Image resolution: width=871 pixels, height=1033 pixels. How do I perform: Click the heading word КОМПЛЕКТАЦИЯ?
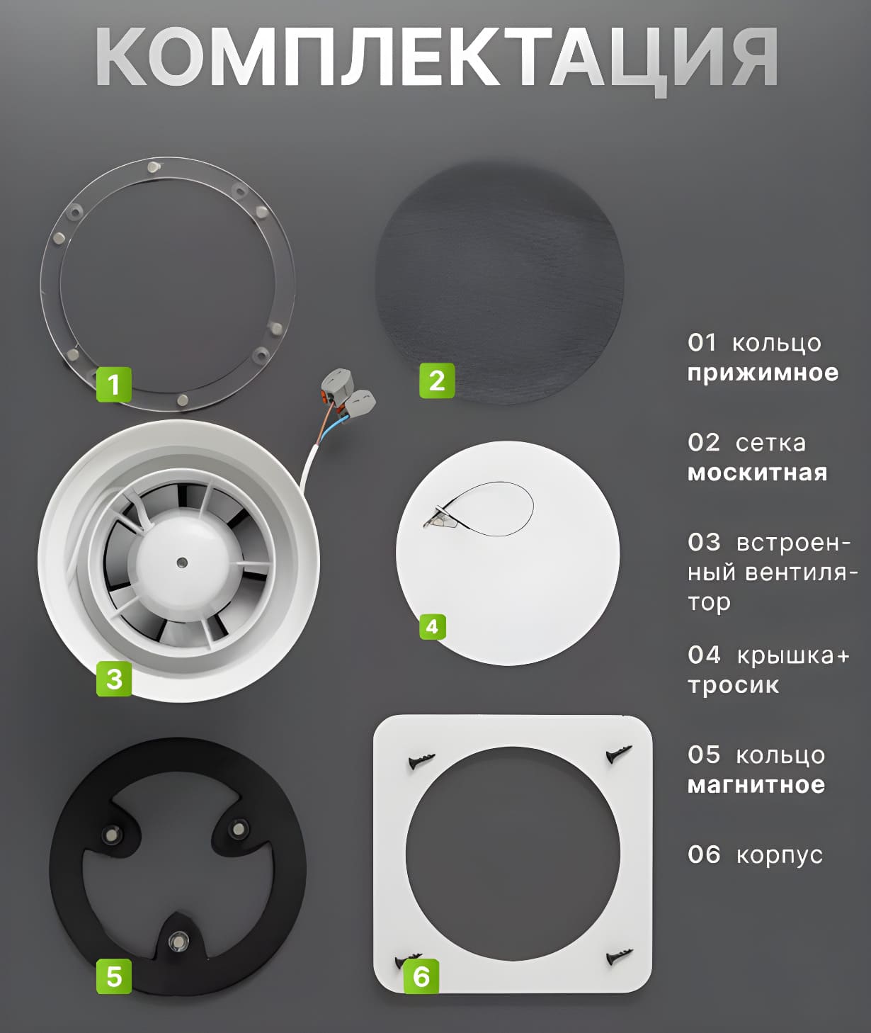coord(436,57)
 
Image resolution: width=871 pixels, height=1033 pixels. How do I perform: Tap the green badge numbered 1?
coord(114,385)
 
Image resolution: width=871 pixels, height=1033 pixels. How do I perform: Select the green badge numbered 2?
coord(437,380)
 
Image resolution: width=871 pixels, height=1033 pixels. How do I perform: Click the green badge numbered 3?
coord(114,678)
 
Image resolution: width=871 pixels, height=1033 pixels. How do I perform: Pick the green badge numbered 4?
coord(432,627)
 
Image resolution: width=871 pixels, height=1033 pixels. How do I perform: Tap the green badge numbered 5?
coord(114,976)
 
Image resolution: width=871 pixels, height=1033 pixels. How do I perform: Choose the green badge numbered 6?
coord(421,976)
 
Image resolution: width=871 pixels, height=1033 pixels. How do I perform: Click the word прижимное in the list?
coord(763,373)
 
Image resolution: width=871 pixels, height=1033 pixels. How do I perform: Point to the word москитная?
coord(757,473)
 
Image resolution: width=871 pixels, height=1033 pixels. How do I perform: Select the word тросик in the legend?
coord(733,686)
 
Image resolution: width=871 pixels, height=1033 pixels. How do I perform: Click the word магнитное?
coord(756,785)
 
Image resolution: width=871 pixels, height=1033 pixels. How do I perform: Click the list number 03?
coord(703,542)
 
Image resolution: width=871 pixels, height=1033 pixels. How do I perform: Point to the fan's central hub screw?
coord(182,562)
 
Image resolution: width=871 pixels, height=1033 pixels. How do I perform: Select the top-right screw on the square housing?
coord(619,754)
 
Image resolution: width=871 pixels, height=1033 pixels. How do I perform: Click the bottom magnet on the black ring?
coord(176,939)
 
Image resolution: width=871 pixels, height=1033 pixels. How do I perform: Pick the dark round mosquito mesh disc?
coord(499,283)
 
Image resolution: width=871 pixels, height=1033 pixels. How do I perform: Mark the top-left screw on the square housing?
coord(421,760)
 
